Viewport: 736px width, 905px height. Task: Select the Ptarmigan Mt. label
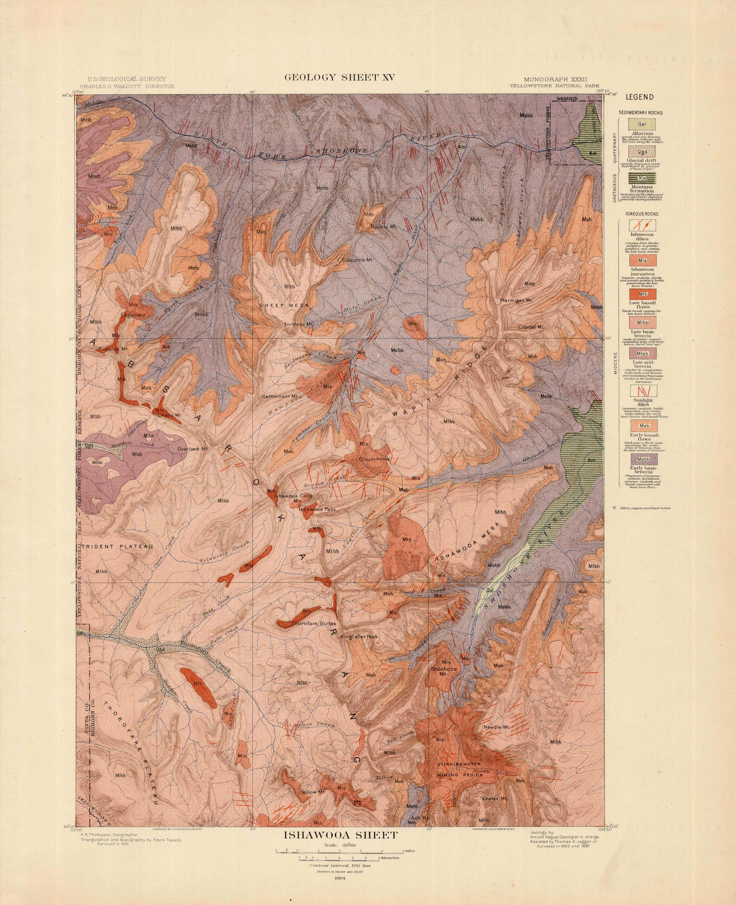pyautogui.click(x=516, y=300)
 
